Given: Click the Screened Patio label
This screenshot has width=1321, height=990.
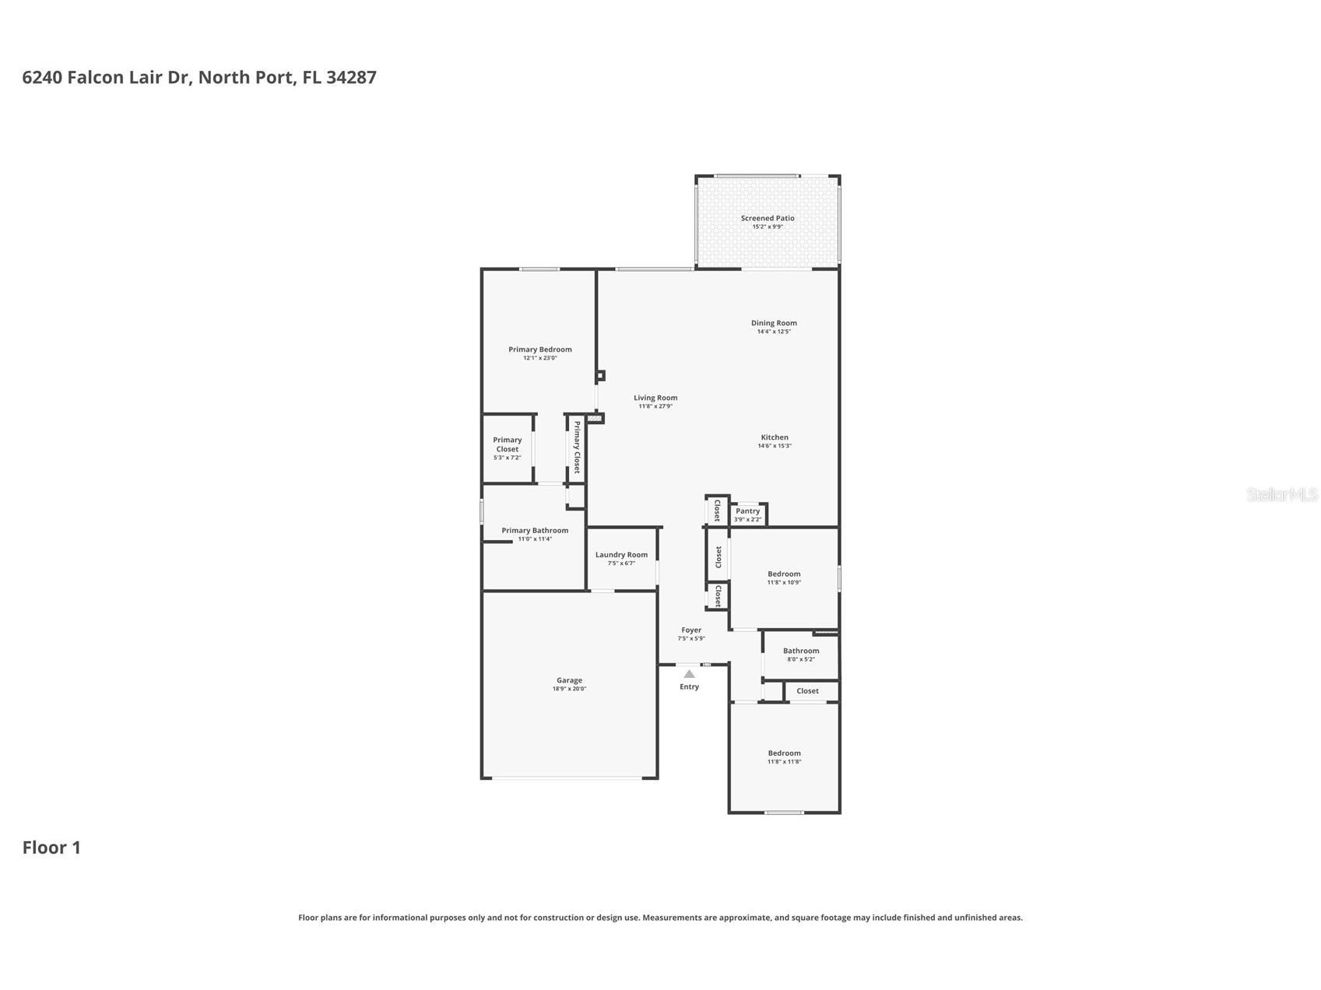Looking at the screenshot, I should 767,218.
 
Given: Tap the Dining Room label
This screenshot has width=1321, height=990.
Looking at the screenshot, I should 773,323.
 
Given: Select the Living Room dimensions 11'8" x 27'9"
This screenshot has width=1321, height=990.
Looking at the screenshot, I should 655,406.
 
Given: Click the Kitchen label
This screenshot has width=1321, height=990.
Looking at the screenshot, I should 774,437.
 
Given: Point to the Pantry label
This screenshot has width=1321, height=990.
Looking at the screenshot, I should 747,511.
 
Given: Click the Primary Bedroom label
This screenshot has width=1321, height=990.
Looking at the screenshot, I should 539,349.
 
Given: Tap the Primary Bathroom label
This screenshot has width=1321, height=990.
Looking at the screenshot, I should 534,531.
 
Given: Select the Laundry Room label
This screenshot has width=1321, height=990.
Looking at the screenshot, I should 620,555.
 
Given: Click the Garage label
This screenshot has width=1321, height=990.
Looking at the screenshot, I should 569,680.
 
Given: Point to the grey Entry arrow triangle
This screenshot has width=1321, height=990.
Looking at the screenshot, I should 689,674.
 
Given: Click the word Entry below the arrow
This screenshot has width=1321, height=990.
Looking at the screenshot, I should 689,686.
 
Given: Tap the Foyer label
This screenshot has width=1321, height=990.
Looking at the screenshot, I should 691,630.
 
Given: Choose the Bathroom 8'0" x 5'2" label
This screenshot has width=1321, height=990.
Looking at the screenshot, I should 800,651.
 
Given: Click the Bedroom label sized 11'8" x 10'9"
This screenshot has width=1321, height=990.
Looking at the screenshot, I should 783,574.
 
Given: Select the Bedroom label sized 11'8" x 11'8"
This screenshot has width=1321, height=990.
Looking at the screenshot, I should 783,753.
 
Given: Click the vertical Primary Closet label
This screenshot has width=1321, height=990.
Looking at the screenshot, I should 576,447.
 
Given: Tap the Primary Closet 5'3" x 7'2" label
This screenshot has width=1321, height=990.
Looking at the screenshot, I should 507,444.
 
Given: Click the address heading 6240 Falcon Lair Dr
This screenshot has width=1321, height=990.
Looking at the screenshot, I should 199,77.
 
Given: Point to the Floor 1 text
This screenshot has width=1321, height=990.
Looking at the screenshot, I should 51,848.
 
